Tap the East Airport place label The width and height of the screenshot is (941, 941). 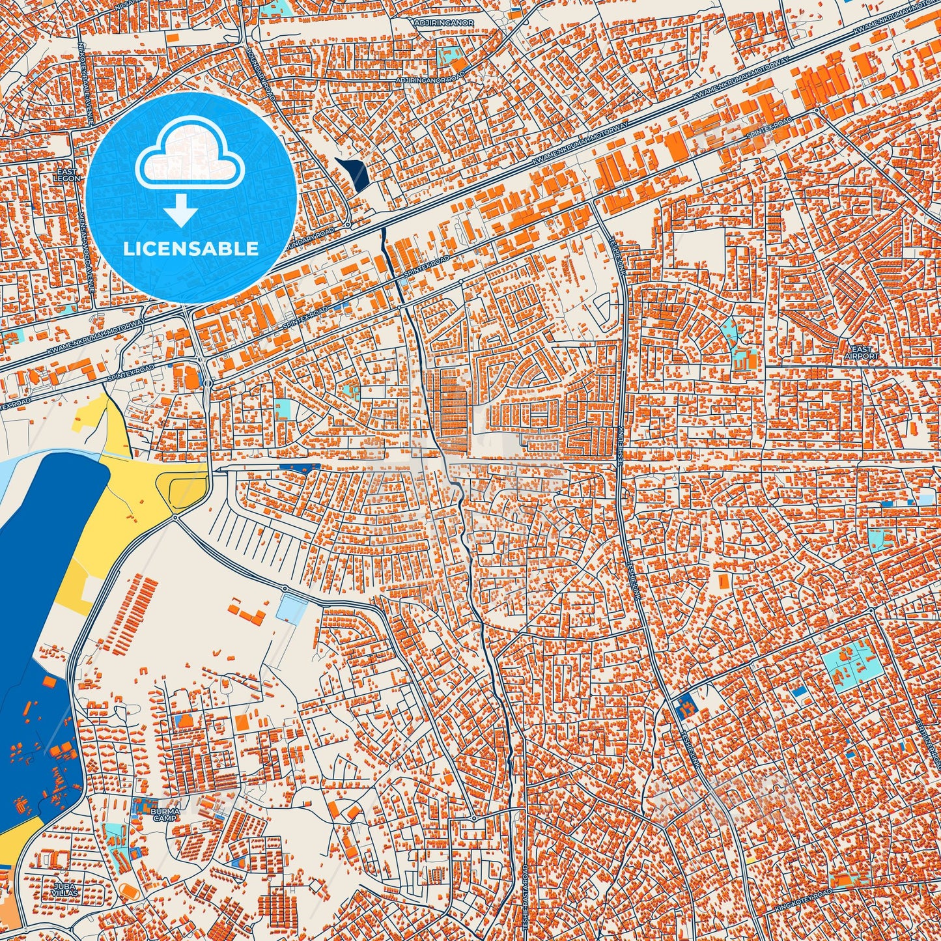[x=861, y=352]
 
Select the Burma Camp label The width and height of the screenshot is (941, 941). [x=164, y=815]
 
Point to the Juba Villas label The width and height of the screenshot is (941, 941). [x=66, y=889]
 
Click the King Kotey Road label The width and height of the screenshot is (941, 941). [x=804, y=901]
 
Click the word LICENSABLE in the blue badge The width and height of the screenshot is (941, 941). [x=191, y=249]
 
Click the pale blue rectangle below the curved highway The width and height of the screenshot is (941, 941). [x=291, y=608]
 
